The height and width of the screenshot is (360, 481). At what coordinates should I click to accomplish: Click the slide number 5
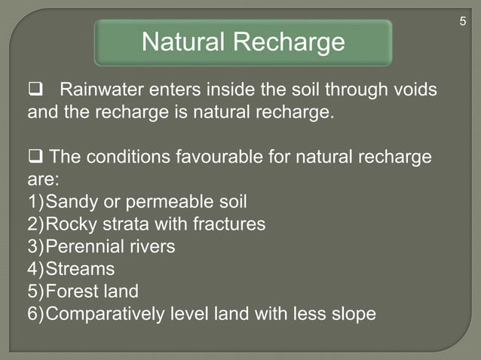(463, 22)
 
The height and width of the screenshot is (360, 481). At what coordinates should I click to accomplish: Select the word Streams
(81, 269)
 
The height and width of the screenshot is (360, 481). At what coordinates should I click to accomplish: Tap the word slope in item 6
(354, 314)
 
